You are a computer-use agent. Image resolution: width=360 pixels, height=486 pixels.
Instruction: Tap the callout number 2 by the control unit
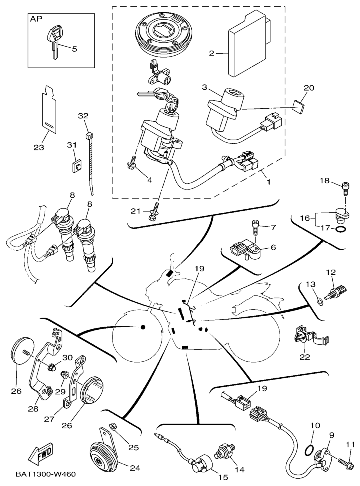[x=212, y=53]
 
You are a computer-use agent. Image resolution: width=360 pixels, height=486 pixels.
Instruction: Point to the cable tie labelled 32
[x=91, y=160]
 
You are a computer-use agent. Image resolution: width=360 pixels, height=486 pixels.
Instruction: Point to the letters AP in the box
[x=37, y=19]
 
